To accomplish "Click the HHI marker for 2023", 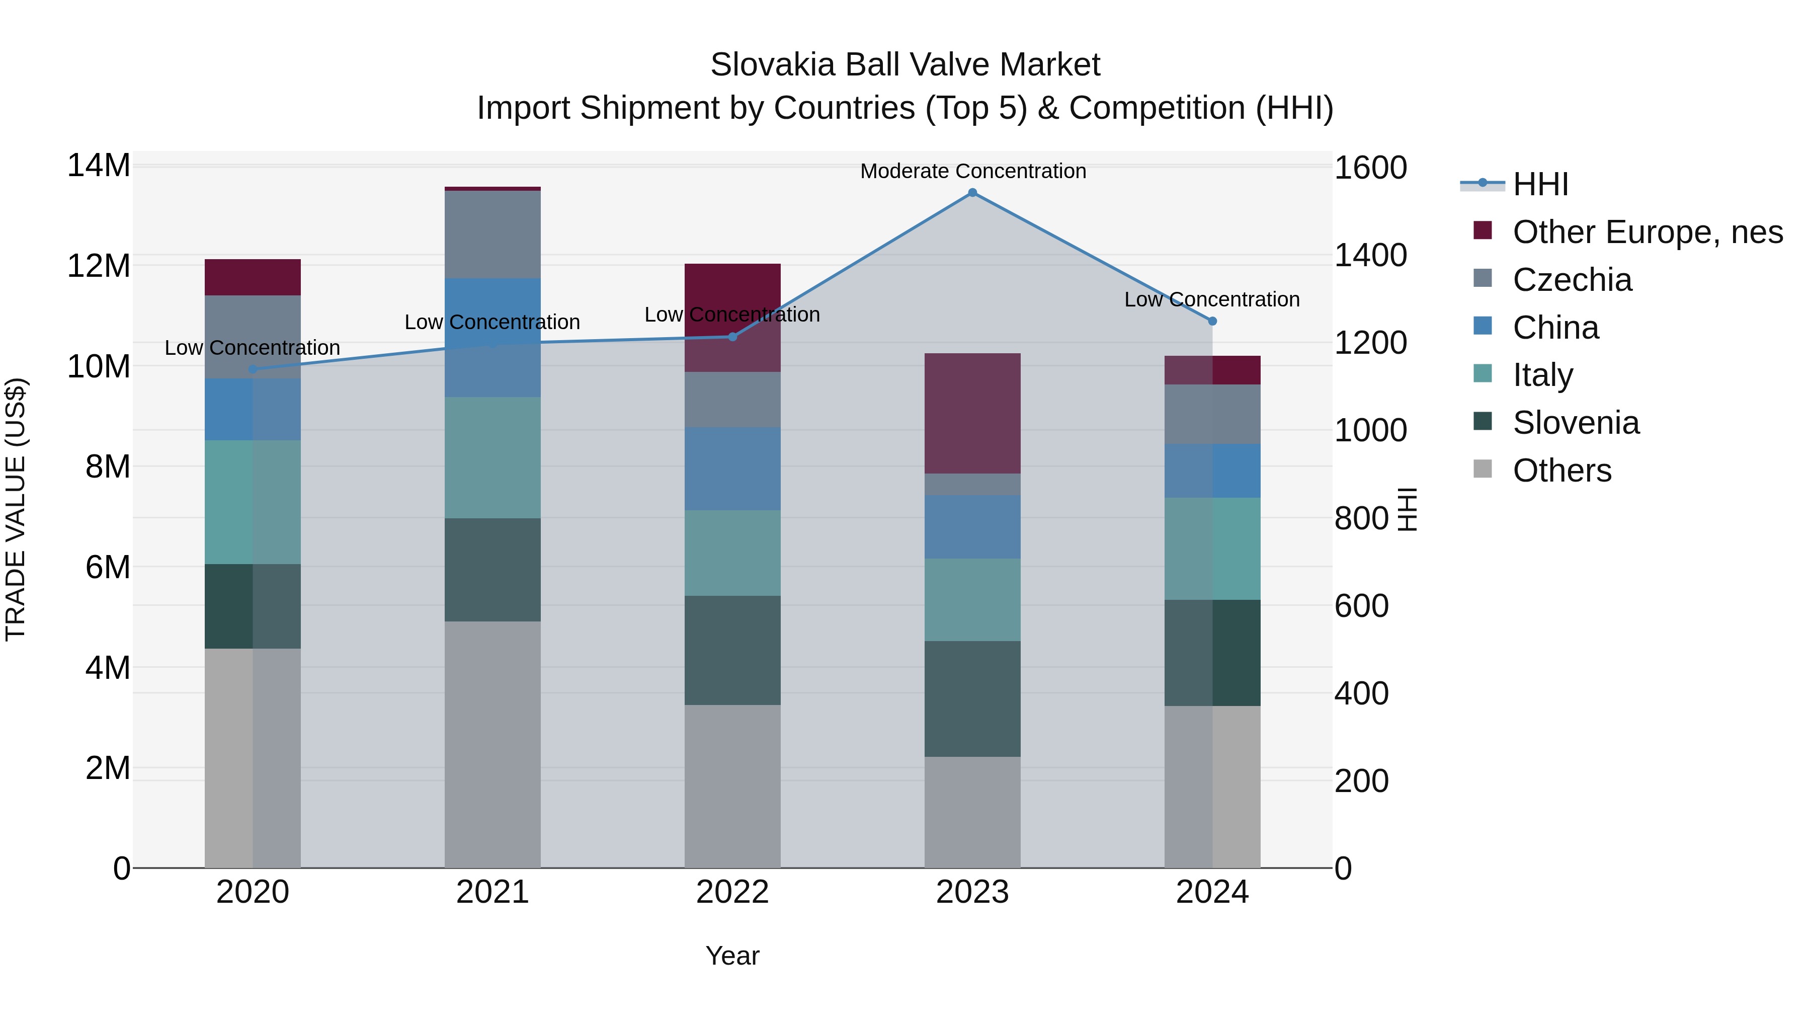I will pyautogui.click(x=972, y=193).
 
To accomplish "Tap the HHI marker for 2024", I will pyautogui.click(x=1212, y=322).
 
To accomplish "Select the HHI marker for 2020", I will pyautogui.click(x=253, y=369).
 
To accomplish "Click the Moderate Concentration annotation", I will pyautogui.click(x=973, y=171).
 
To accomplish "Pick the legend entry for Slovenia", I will pyautogui.click(x=1576, y=423).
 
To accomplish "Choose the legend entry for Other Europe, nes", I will pyautogui.click(x=1647, y=232).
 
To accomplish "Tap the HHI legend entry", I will pyautogui.click(x=1540, y=184).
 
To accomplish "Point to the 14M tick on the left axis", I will pyautogui.click(x=99, y=166).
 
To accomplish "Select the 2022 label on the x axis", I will pyautogui.click(x=732, y=892).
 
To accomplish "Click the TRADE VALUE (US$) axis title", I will pyautogui.click(x=16, y=509).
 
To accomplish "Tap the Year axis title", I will pyautogui.click(x=732, y=956).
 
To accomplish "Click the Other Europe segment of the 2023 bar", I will pyautogui.click(x=972, y=414).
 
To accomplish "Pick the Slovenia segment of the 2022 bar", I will pyautogui.click(x=732, y=651).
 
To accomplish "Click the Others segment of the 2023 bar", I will pyautogui.click(x=972, y=812).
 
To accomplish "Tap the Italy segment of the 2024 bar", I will pyautogui.click(x=1212, y=548).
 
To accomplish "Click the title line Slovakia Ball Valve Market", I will pyautogui.click(x=905, y=65).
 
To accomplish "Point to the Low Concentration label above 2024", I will pyautogui.click(x=1212, y=299).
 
